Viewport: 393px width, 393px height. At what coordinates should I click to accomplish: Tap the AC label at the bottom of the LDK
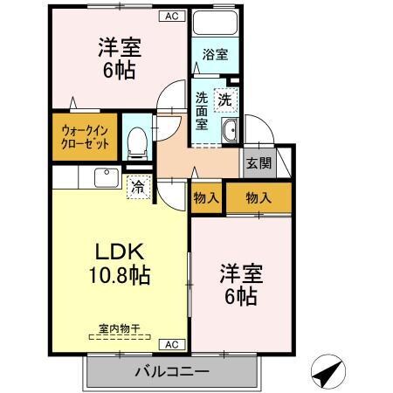172,344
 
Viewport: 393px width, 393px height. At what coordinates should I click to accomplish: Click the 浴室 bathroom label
215,54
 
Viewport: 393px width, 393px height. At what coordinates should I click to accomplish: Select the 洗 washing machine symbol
226,99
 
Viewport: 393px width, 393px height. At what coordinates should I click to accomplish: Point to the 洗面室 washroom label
202,111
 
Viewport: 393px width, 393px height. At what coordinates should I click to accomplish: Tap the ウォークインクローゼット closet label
85,137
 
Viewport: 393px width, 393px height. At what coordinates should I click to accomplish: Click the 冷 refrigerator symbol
137,185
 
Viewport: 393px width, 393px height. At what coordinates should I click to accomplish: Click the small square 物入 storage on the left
205,198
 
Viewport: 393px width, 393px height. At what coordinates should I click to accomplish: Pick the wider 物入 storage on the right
259,198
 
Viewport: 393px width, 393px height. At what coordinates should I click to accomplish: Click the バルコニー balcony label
171,372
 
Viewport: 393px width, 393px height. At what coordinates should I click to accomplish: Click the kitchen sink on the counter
104,176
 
